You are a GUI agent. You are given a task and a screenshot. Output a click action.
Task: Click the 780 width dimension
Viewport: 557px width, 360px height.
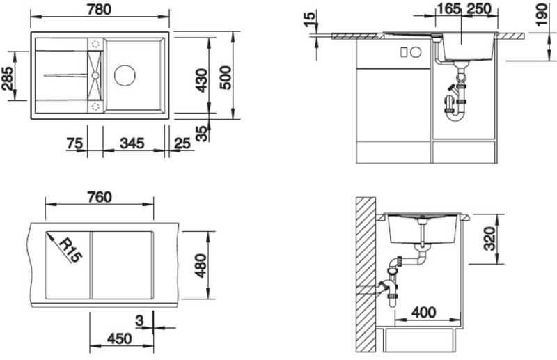99,9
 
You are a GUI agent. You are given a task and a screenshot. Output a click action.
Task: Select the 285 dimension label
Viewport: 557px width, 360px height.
8,78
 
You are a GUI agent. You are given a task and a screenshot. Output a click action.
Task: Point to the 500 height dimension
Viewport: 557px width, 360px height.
225,78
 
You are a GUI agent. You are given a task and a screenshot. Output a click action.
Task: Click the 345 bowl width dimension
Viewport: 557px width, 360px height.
132,143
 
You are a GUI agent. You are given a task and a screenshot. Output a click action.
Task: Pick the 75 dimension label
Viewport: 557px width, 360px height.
74,144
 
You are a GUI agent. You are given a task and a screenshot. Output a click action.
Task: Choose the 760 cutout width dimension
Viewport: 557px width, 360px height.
99,197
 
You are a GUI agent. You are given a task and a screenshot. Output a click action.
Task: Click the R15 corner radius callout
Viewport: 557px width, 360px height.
70,250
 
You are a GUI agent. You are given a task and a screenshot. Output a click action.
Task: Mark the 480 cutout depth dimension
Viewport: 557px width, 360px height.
201,265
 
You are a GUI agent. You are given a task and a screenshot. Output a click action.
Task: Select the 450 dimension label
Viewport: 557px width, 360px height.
119,339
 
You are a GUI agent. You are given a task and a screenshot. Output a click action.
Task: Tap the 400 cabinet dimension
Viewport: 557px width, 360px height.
424,313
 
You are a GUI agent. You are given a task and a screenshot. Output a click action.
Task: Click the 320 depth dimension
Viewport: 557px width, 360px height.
489,238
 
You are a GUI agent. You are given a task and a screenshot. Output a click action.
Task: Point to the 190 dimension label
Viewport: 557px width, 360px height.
542,15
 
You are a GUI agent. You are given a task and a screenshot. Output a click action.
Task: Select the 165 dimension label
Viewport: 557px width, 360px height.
448,9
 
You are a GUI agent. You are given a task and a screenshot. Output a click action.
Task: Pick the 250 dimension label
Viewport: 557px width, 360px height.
479,9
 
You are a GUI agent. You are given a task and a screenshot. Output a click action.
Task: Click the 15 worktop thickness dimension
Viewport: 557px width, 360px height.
309,19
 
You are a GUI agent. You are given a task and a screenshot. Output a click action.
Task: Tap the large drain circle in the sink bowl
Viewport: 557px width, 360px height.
125,75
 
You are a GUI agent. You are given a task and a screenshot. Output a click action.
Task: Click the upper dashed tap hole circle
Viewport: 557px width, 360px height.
95,44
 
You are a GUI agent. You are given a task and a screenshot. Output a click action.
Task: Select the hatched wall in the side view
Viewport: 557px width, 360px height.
366,274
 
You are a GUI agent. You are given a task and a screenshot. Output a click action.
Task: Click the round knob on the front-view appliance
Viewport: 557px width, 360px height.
416,52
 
